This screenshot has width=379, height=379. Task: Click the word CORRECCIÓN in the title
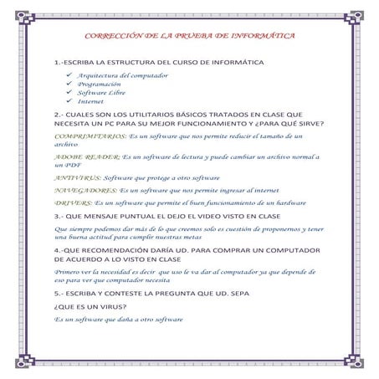pyautogui.click(x=115, y=38)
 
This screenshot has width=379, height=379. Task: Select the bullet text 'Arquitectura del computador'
pyautogui.click(x=123, y=75)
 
